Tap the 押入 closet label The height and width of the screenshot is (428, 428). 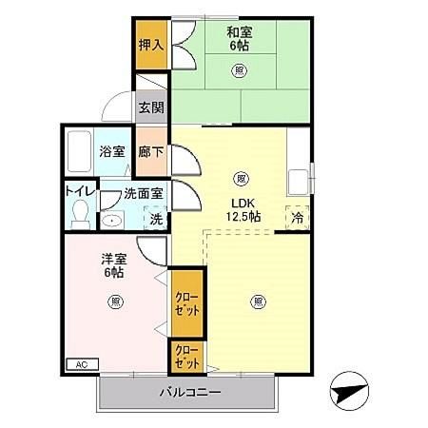150,45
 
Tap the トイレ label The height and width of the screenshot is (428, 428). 80,189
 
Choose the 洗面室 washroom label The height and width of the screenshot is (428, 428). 143,194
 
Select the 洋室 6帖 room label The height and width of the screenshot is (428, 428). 112,264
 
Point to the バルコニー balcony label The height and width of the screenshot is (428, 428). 189,392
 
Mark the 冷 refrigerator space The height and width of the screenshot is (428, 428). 298,217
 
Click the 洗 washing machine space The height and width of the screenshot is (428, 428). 156,218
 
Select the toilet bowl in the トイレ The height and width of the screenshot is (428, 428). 81,212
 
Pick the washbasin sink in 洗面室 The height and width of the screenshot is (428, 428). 112,220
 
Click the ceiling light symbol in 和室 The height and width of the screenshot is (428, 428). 238,69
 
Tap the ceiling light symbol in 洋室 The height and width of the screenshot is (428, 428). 114,302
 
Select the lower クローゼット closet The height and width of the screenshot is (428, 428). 186,358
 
